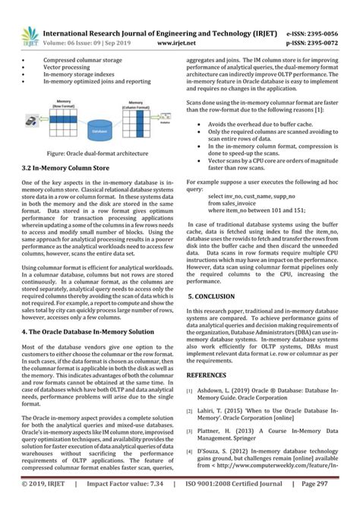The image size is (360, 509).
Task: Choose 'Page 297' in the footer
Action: pos(336,501)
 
